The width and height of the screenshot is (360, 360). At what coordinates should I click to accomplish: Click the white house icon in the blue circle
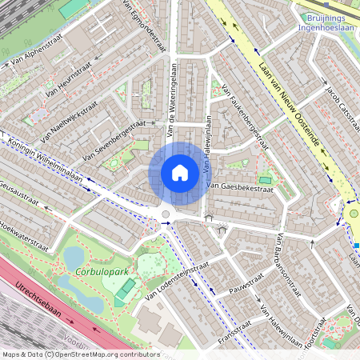tap(179, 172)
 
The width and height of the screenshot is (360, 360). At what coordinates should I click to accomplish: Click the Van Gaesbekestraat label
tap(240, 188)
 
